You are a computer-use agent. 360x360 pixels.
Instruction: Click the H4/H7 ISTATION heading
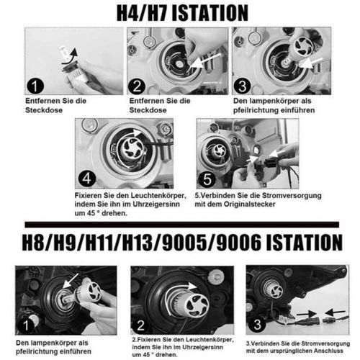coord(182,13)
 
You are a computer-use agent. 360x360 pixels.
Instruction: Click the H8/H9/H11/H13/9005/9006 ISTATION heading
coord(182,243)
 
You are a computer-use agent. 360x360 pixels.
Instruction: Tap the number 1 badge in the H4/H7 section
coord(35,86)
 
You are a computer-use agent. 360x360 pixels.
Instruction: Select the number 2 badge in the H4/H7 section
coord(137,86)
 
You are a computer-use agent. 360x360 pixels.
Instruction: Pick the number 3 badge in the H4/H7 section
coord(243,86)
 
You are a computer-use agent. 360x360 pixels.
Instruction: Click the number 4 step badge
coord(87,179)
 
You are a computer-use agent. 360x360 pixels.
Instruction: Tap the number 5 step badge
coord(207,179)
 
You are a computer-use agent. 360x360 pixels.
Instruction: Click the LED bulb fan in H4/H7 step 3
coord(305,46)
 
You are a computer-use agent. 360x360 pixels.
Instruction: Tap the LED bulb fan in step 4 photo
coord(132,148)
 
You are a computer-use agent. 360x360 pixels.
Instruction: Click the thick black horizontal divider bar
coord(182,225)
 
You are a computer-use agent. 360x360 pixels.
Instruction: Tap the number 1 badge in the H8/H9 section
coord(26,325)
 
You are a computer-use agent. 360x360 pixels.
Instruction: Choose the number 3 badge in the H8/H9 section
coord(257,325)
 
